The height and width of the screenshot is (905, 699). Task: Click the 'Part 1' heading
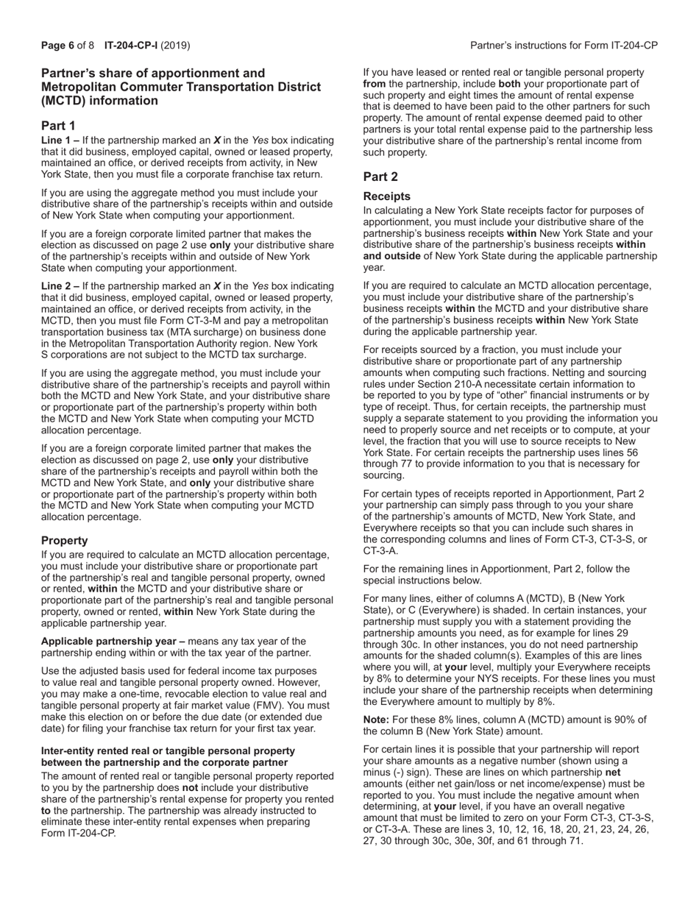[58, 126]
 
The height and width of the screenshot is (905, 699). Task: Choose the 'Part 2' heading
[380, 177]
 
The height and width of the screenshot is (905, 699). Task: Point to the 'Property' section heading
[64, 540]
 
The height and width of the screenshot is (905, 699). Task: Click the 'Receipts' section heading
[387, 196]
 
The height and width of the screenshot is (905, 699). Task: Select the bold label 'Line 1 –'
[60, 140]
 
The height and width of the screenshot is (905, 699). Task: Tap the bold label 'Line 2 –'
[60, 286]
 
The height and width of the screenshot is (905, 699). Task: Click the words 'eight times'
[473, 96]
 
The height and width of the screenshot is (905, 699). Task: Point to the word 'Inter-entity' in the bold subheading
[68, 750]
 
